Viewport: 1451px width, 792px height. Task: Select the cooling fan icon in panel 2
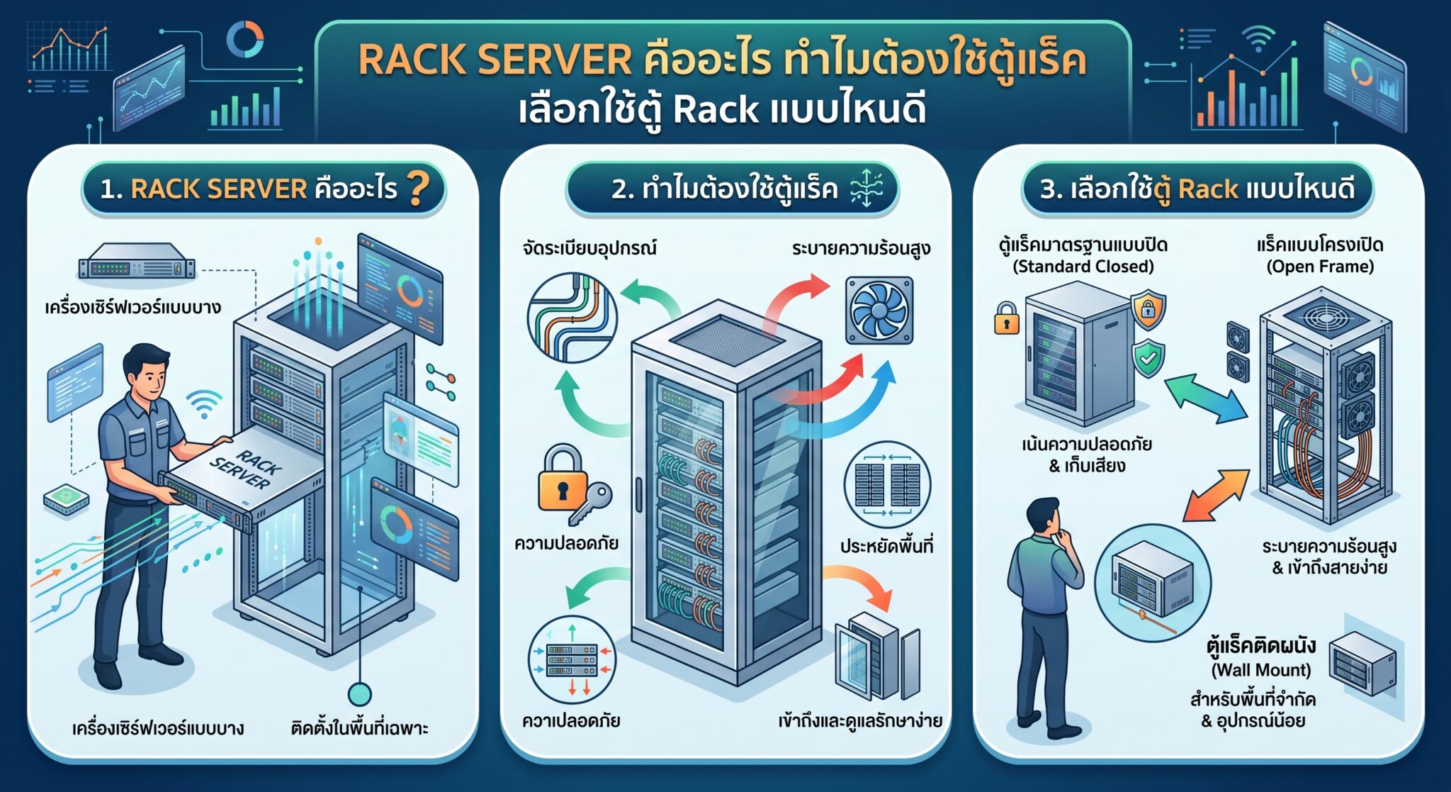coord(880,311)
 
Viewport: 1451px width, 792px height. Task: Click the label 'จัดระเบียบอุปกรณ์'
coord(589,248)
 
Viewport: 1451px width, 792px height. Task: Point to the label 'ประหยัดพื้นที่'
coord(886,546)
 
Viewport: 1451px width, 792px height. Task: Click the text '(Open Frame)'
coord(1320,267)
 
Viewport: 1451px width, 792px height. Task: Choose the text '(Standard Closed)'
coord(1083,267)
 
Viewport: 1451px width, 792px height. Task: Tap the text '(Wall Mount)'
coord(1261,670)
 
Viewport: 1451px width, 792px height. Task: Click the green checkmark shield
coord(1148,357)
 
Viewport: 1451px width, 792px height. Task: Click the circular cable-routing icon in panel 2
coord(572,318)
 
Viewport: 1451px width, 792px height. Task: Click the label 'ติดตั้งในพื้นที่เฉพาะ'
coord(360,728)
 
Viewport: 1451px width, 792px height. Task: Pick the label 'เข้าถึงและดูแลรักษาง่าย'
coord(860,721)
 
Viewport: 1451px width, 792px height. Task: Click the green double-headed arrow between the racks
coord(1205,400)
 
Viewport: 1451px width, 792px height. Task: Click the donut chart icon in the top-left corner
coord(245,40)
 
